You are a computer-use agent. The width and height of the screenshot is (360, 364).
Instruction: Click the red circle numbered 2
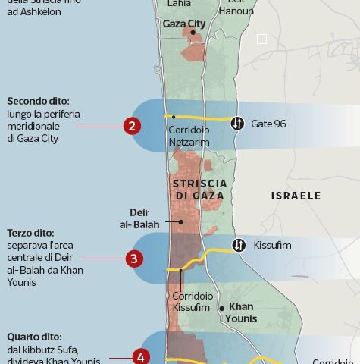(x=133, y=126)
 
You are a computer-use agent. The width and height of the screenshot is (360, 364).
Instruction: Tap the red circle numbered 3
(x=134, y=259)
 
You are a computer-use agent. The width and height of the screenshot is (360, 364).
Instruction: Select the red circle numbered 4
(x=140, y=356)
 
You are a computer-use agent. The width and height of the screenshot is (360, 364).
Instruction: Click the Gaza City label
(x=184, y=24)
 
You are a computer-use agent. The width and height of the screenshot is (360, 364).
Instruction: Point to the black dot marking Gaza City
(x=193, y=33)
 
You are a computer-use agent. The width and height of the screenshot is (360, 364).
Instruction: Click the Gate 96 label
(x=268, y=123)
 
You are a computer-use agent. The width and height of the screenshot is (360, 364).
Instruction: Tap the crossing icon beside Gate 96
(x=237, y=123)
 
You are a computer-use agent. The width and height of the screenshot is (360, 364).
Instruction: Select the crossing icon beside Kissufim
(x=239, y=245)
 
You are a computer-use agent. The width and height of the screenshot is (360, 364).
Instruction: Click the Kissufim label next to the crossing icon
(x=273, y=245)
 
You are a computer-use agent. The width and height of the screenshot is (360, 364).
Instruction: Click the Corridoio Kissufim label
(x=191, y=302)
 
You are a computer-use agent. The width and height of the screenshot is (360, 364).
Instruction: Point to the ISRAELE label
(x=296, y=196)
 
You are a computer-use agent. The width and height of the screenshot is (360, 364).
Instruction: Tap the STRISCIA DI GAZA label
(x=199, y=190)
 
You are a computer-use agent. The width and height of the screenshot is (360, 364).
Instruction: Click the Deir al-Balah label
(x=137, y=219)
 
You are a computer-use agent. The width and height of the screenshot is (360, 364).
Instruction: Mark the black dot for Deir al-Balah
(x=181, y=222)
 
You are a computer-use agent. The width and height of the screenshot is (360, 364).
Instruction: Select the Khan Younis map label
(x=241, y=312)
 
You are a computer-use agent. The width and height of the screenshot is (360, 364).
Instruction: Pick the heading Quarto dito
(x=35, y=337)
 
